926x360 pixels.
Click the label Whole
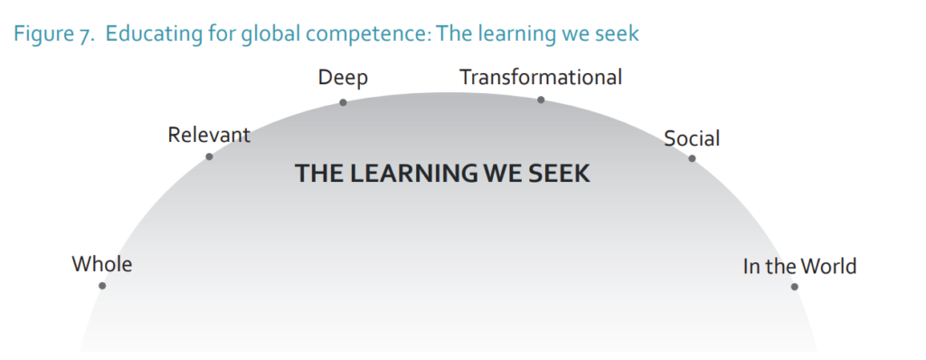pyautogui.click(x=102, y=264)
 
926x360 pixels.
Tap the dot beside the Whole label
pyautogui.click(x=102, y=286)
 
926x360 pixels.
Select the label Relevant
pyautogui.click(x=209, y=135)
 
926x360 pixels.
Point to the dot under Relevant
pyautogui.click(x=209, y=156)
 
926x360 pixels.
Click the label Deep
pyautogui.click(x=343, y=79)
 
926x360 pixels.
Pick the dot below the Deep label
pyautogui.click(x=343, y=102)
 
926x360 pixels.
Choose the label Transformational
pyautogui.click(x=541, y=77)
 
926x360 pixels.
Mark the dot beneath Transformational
pyautogui.click(x=541, y=99)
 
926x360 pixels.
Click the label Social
pyautogui.click(x=692, y=138)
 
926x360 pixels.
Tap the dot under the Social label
pyautogui.click(x=692, y=158)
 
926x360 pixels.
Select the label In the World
pyautogui.click(x=799, y=267)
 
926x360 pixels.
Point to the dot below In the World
pyautogui.click(x=794, y=287)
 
